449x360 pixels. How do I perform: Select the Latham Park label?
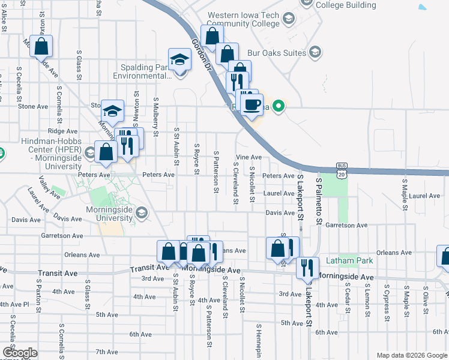[x=349, y=260]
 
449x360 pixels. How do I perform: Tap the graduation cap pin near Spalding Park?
[x=179, y=60]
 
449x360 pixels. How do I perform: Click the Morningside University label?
[x=108, y=214]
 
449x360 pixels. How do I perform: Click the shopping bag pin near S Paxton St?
[x=41, y=47]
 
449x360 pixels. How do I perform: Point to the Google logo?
[x=20, y=353]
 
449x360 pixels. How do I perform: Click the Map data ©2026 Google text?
[x=412, y=355]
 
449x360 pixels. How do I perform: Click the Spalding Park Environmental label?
[x=143, y=72]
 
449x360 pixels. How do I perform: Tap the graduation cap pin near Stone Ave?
[x=112, y=110]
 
